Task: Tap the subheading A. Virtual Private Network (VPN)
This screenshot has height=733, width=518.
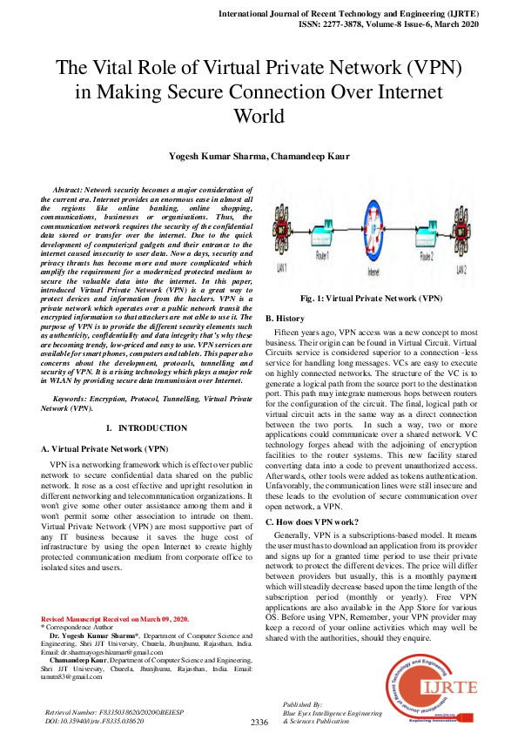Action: [x=105, y=448]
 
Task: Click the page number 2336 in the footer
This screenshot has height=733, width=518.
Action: [x=259, y=723]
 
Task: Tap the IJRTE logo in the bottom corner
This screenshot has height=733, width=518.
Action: [x=438, y=687]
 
